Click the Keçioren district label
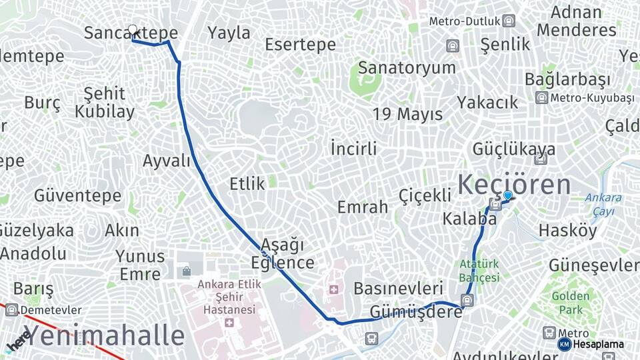click(515, 184)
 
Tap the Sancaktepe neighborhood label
click(131, 33)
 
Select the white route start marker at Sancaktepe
click(133, 30)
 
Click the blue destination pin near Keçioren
click(508, 195)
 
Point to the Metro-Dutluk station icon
click(509, 21)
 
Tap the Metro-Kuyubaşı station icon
click(541, 98)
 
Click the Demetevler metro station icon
click(11, 310)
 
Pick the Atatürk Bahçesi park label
click(479, 270)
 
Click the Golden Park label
click(570, 303)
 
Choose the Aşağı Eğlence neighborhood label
click(283, 253)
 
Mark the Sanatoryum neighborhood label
click(407, 67)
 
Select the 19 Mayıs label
click(407, 114)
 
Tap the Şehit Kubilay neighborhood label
click(105, 102)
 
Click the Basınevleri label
click(398, 289)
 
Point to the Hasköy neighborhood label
click(568, 231)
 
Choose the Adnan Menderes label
click(576, 21)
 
